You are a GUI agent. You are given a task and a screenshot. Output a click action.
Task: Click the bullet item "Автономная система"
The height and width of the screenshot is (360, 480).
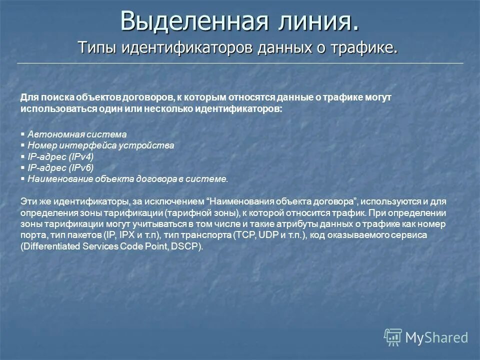[77, 134]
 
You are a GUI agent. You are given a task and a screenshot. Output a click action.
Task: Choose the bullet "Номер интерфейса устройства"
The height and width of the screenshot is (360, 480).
[100, 145]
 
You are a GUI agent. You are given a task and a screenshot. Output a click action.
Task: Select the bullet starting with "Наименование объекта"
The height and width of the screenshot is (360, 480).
[127, 178]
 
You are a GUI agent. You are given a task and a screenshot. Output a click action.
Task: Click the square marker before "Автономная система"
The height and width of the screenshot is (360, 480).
[23, 134]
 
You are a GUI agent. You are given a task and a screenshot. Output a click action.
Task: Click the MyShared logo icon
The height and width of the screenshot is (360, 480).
[393, 337]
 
